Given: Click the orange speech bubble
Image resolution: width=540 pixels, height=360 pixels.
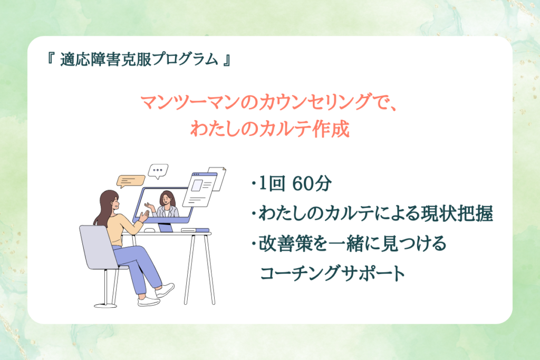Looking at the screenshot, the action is (x=131, y=181).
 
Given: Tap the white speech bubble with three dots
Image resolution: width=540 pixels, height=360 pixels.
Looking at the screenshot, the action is (x=158, y=170).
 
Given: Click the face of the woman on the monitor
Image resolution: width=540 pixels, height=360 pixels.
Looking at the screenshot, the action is (x=166, y=199).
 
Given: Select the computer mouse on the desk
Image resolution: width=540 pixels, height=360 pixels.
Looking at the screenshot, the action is (x=149, y=230).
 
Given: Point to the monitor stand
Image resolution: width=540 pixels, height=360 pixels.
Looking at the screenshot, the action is (x=165, y=227).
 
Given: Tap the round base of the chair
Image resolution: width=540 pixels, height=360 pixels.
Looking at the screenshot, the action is (x=105, y=305).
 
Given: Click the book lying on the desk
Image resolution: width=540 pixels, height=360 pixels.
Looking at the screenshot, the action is (x=195, y=230).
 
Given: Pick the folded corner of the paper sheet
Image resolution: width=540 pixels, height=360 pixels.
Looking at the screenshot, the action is (x=223, y=169).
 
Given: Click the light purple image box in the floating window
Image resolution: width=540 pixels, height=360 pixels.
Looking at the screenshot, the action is (x=196, y=186).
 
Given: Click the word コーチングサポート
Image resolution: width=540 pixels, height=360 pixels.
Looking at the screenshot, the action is (x=333, y=273).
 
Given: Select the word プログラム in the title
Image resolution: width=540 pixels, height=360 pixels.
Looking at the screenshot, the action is (x=185, y=59).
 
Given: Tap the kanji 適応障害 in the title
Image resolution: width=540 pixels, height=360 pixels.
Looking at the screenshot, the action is (x=91, y=60).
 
